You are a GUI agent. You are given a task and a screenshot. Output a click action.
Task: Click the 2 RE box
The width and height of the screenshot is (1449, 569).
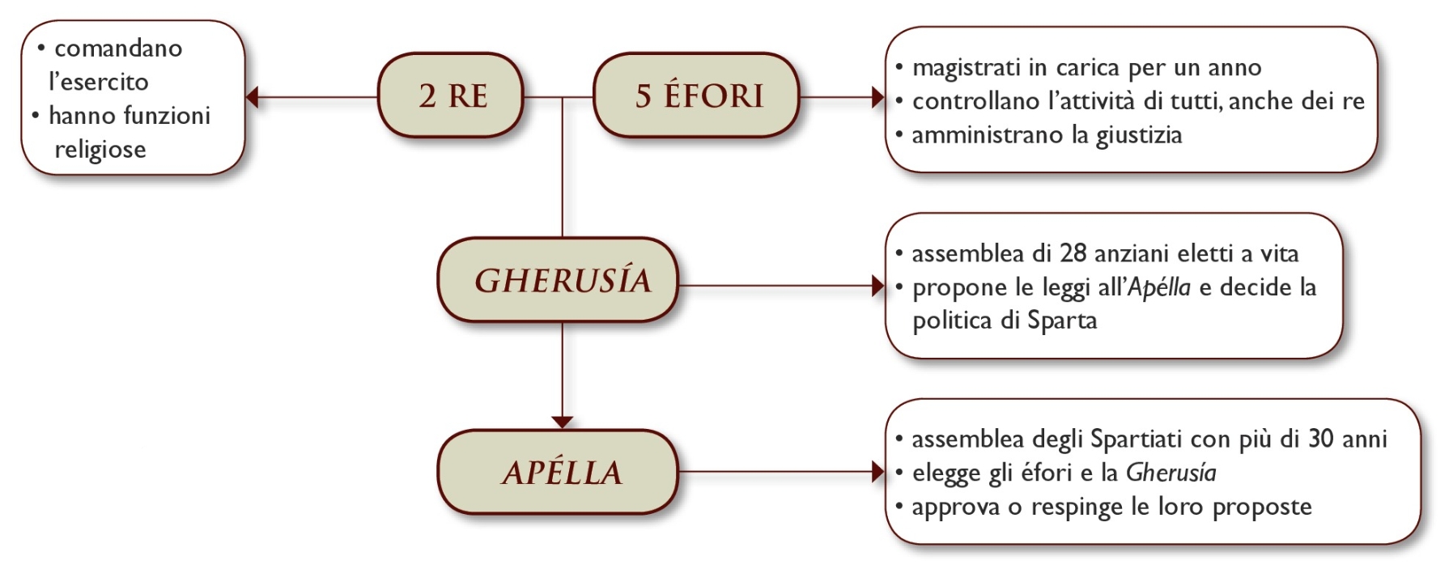pyautogui.click(x=451, y=96)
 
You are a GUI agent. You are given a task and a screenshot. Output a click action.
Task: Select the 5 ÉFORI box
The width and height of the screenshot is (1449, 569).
pyautogui.click(x=697, y=96)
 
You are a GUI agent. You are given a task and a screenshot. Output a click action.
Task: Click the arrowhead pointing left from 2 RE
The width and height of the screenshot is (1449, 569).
pyautogui.click(x=253, y=97)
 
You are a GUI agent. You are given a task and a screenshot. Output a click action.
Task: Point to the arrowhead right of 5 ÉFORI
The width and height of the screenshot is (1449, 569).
pyautogui.click(x=877, y=97)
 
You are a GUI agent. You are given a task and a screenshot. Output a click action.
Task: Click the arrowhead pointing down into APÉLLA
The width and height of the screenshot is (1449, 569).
pyautogui.click(x=563, y=422)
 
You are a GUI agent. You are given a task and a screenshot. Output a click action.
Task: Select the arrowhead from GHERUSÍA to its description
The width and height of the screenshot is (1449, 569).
pyautogui.click(x=877, y=285)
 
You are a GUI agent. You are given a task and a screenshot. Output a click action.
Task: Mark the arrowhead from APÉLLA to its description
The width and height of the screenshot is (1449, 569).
pyautogui.click(x=877, y=471)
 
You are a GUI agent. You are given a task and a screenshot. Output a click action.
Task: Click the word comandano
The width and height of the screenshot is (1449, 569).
pyautogui.click(x=118, y=49)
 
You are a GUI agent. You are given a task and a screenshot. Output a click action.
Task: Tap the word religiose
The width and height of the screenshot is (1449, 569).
pyautogui.click(x=100, y=150)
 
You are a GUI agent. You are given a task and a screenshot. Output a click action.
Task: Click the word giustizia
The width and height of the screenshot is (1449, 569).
pyautogui.click(x=1139, y=135)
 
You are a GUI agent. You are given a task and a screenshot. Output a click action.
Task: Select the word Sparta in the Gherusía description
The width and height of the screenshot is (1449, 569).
pyautogui.click(x=1062, y=321)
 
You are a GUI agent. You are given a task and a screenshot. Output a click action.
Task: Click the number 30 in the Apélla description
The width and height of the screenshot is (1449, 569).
pyautogui.click(x=1321, y=439)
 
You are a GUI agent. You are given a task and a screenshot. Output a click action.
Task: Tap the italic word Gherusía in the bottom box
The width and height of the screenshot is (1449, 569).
pyautogui.click(x=1171, y=473)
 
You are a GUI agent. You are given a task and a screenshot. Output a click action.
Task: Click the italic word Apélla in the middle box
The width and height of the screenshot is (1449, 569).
pyautogui.click(x=1159, y=287)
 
